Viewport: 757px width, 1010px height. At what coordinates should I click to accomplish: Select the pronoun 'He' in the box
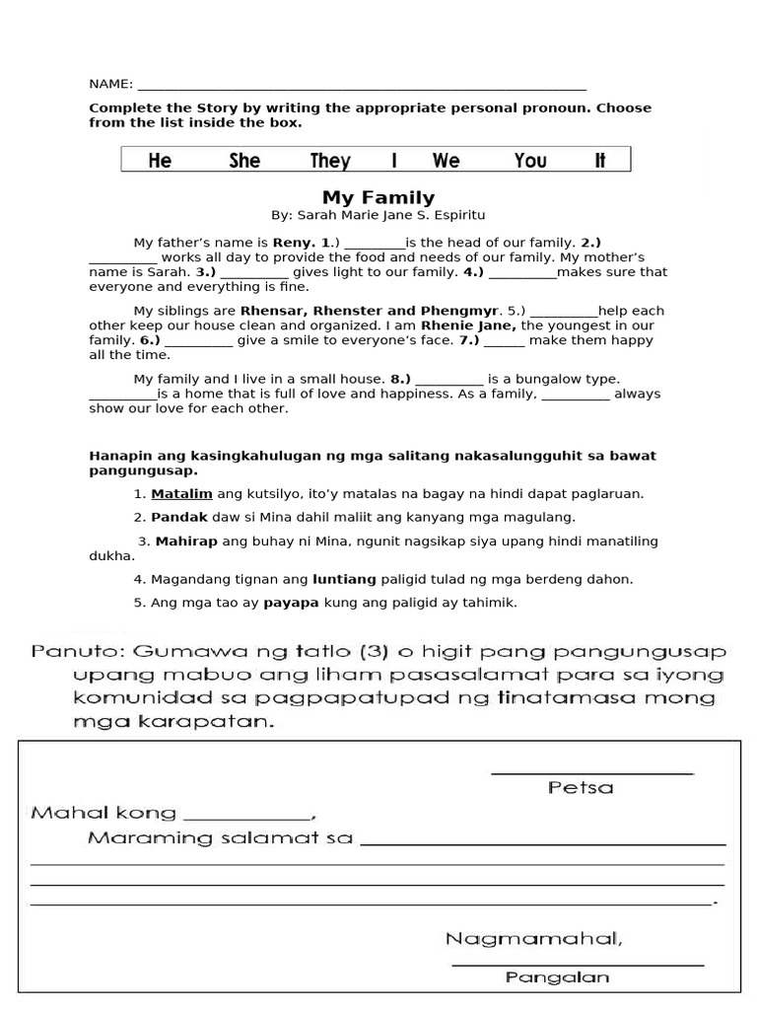pyautogui.click(x=160, y=161)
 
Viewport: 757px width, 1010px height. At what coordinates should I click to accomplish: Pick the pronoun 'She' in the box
pyautogui.click(x=244, y=161)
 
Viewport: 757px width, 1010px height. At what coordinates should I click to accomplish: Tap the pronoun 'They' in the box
pyautogui.click(x=330, y=161)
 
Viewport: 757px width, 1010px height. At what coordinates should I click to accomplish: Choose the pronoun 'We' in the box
pyautogui.click(x=446, y=161)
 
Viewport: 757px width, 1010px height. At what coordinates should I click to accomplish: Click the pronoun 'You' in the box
pyautogui.click(x=530, y=161)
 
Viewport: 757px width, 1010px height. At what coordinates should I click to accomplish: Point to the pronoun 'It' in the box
pyautogui.click(x=600, y=161)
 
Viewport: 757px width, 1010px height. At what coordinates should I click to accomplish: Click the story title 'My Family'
pyautogui.click(x=378, y=197)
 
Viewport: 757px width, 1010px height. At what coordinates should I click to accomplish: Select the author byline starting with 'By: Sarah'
pyautogui.click(x=378, y=215)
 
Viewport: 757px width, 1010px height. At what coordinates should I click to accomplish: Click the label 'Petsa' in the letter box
pyautogui.click(x=580, y=787)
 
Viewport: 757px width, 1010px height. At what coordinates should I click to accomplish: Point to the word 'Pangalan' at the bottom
pyautogui.click(x=557, y=978)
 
